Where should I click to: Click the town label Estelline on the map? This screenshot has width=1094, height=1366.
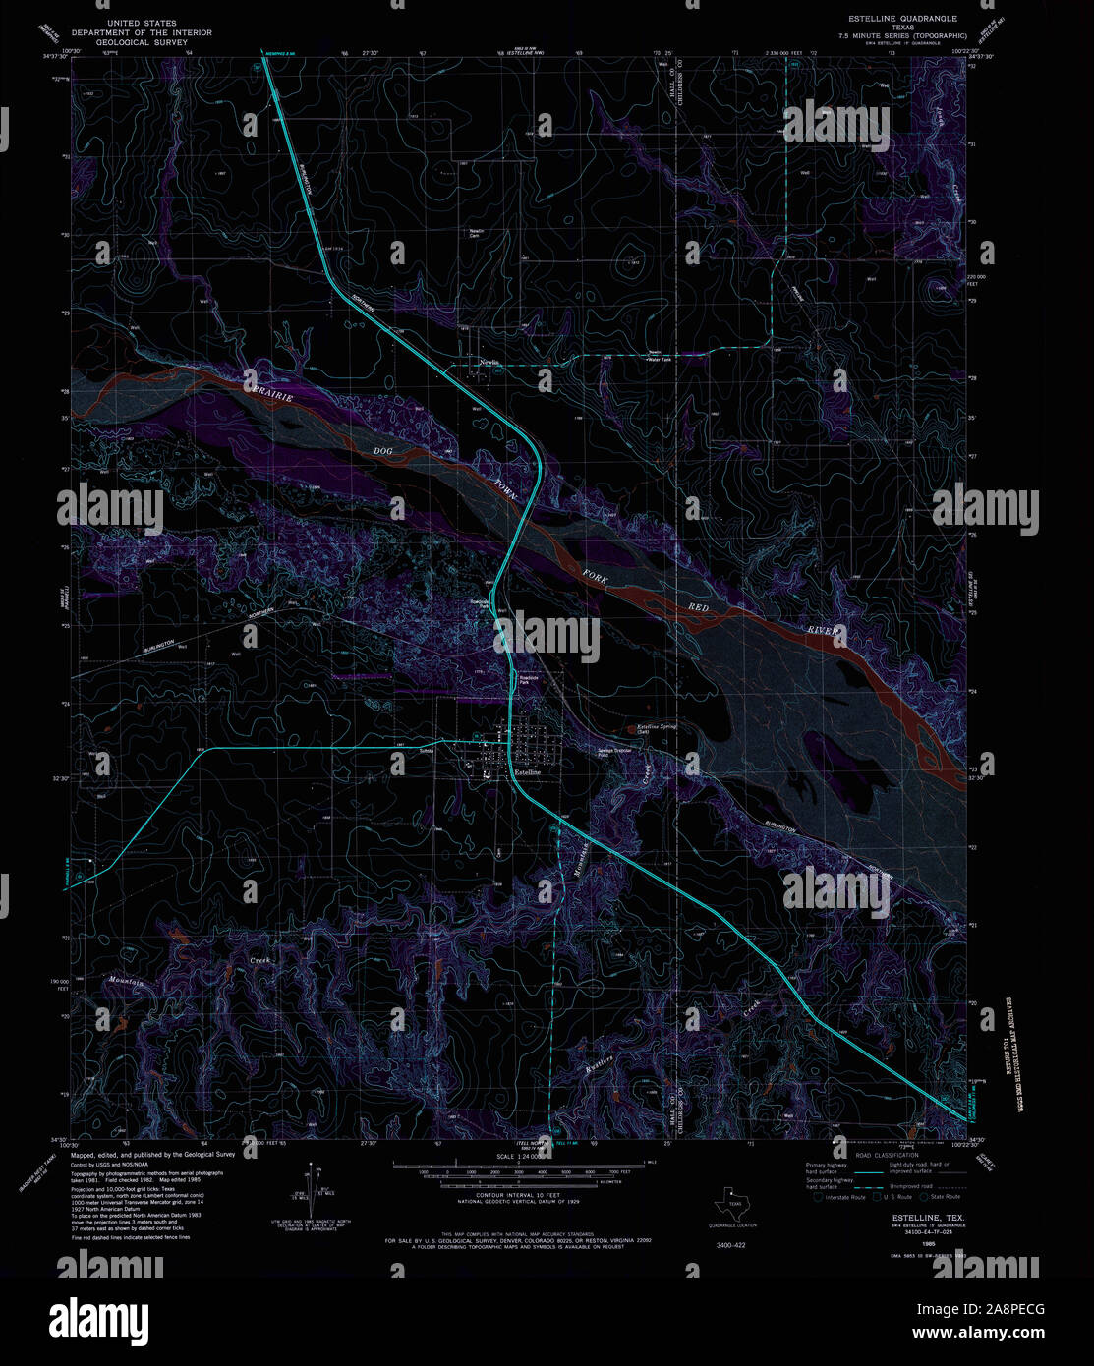(x=528, y=772)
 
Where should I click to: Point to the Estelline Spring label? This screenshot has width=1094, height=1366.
(x=657, y=727)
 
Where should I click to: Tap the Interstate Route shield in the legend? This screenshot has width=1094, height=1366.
(x=818, y=1197)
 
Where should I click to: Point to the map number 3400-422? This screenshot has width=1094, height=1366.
(x=731, y=1245)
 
